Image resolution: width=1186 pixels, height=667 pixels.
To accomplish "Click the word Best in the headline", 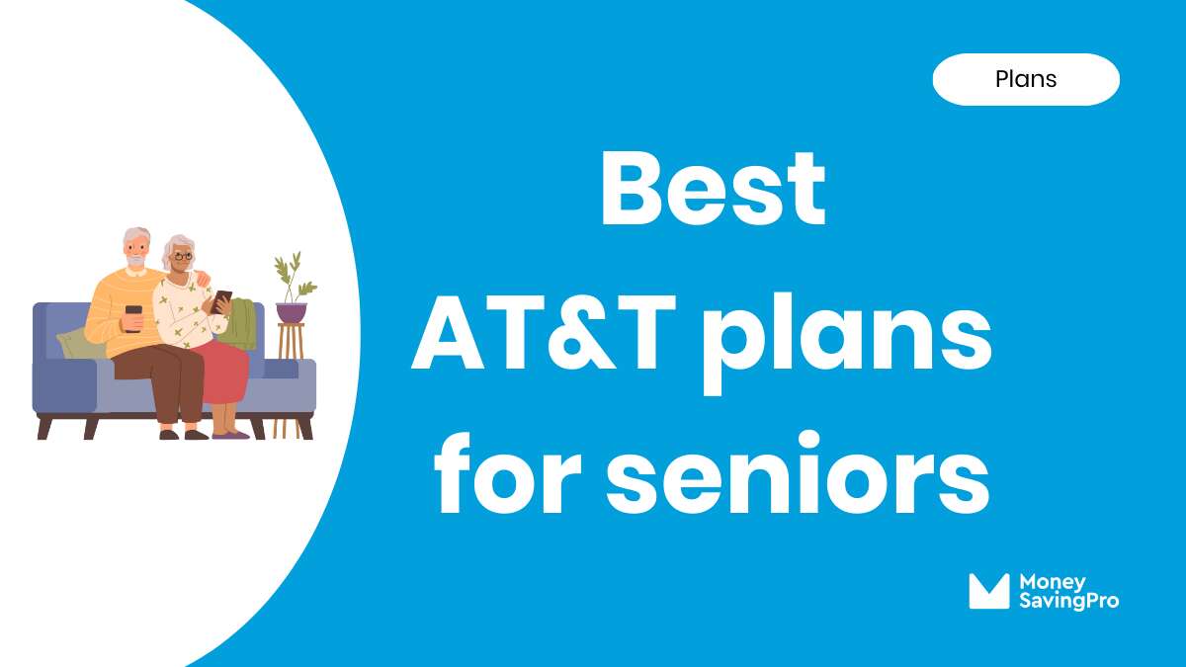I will [712, 190].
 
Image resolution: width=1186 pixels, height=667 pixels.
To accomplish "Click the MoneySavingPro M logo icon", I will [988, 591].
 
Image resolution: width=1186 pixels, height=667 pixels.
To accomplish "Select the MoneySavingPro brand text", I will [1068, 591].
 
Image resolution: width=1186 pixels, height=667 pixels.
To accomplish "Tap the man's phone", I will [133, 314].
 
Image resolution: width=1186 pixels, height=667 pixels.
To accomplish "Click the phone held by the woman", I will [222, 299].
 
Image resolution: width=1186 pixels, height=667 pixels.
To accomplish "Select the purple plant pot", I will [292, 312].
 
